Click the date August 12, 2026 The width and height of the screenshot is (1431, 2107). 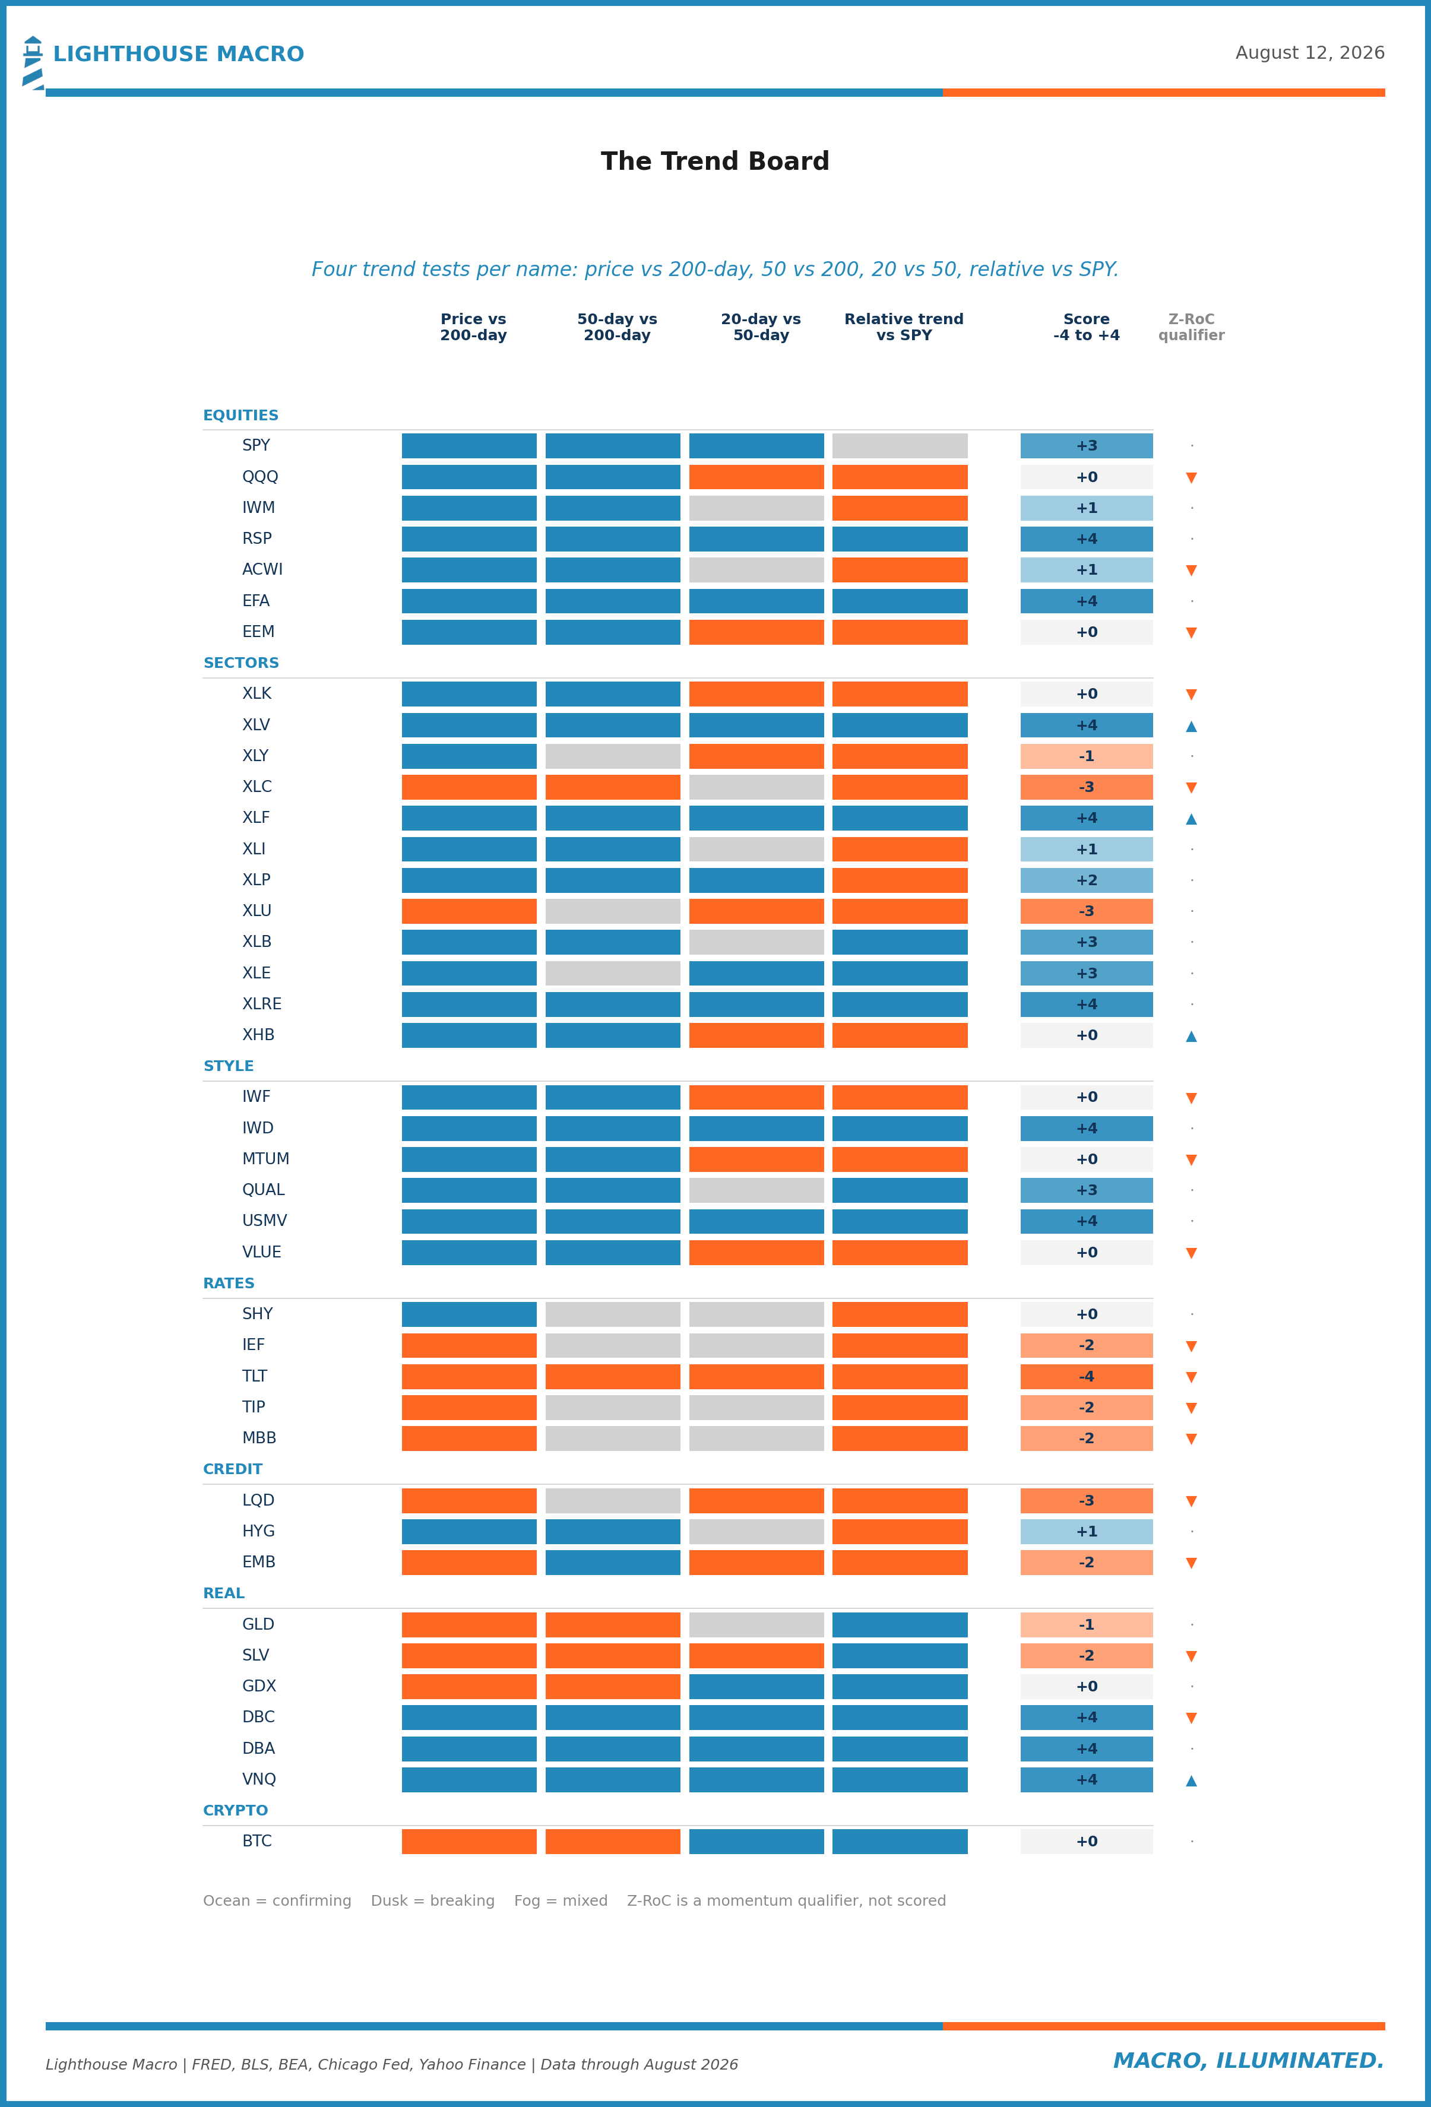[1309, 53]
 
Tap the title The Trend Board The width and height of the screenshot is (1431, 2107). [714, 161]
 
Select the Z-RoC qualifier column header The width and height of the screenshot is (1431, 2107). [1191, 327]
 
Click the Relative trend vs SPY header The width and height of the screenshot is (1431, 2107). [903, 327]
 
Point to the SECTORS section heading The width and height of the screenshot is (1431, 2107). [241, 663]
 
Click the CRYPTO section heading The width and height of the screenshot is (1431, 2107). [236, 1811]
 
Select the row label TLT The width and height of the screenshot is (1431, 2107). [255, 1376]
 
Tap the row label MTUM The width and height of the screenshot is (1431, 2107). [265, 1159]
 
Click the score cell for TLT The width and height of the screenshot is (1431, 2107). [1087, 1376]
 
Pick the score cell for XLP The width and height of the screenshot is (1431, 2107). [1087, 880]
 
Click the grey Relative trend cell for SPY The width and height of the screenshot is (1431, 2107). [900, 446]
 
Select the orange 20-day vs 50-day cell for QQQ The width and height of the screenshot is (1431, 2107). [756, 477]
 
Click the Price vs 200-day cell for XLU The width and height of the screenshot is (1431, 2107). [469, 911]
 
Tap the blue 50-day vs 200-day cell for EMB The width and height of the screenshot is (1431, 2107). [613, 1562]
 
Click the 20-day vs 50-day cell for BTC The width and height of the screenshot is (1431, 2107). [756, 1842]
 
